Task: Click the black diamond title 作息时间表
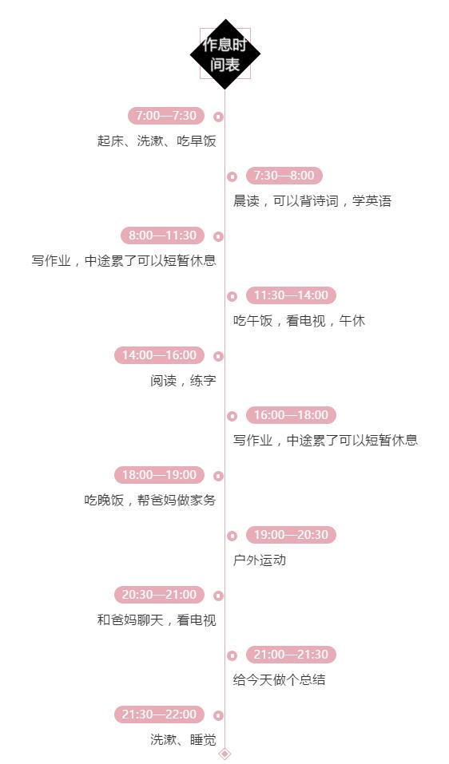224,54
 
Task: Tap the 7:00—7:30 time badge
166,116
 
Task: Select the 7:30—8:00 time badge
284,176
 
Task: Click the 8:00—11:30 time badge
163,236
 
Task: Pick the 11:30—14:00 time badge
291,295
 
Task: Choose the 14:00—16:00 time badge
160,355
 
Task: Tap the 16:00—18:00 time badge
291,415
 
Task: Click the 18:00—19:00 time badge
160,475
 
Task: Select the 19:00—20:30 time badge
291,535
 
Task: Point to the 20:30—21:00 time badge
160,595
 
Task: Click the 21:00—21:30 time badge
291,655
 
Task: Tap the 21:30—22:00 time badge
160,715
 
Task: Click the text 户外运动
260,560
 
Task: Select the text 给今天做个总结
279,680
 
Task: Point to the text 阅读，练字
183,381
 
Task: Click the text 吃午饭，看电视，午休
299,321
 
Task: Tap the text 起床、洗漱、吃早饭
157,141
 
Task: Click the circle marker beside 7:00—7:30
218,117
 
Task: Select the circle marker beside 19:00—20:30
232,536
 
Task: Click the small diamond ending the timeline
224,754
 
